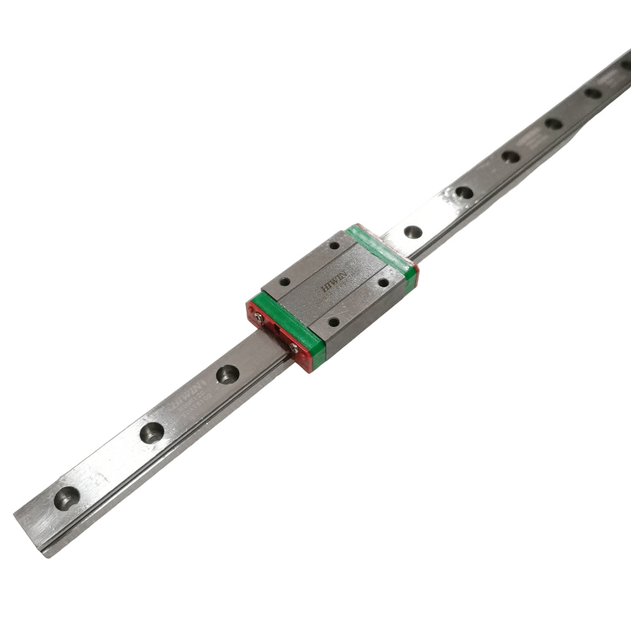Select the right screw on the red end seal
293,346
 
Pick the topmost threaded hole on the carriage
334,245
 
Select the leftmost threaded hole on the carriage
285,281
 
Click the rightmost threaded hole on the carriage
383,283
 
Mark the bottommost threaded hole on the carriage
333,322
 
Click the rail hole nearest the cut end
67,498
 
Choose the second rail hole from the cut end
152,432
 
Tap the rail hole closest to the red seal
227,374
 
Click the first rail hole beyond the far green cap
413,232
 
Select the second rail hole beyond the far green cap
464,192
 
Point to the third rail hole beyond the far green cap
510,156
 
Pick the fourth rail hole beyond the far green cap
553,124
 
